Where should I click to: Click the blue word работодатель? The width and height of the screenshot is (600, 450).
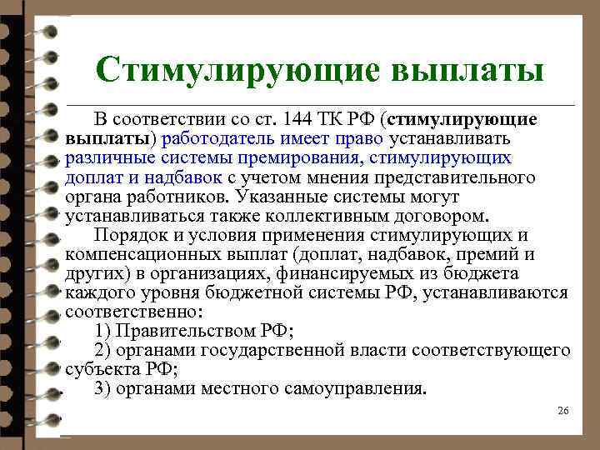(218, 138)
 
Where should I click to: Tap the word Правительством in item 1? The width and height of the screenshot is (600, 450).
(188, 332)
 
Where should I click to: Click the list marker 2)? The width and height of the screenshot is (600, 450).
(102, 351)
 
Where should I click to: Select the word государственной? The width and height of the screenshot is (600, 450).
(271, 351)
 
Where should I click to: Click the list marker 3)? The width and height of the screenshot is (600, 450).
(102, 389)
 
